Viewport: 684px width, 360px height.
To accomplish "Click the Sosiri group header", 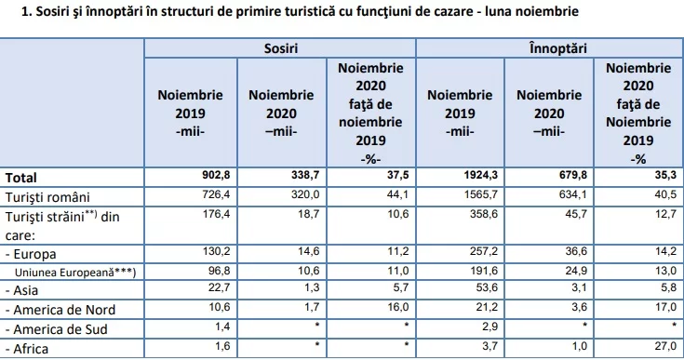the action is click(x=280, y=48).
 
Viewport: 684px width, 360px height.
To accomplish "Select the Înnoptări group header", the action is click(x=558, y=48).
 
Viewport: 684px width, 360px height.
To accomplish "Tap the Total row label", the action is click(x=20, y=178).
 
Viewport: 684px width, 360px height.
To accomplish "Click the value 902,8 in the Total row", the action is click(x=216, y=175).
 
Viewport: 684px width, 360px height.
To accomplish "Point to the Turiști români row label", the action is click(x=47, y=197).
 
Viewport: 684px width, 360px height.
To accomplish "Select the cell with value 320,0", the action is click(x=305, y=193).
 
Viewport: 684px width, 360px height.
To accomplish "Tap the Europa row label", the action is click(x=31, y=254).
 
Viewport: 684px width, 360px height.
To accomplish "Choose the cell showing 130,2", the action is click(x=216, y=251).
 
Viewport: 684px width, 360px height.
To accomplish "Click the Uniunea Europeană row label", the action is click(x=75, y=273).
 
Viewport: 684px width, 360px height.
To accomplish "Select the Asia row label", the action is click(x=21, y=290).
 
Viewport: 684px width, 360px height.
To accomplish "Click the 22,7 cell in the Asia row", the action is click(x=220, y=287).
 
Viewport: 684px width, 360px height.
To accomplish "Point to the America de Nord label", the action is click(x=60, y=310).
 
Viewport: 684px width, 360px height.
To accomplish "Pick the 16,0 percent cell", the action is click(x=398, y=307).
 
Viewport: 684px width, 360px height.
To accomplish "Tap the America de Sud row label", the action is click(x=56, y=329).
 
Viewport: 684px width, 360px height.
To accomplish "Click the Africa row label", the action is click(x=27, y=349).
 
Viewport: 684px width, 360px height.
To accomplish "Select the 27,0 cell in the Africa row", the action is click(x=665, y=346).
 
